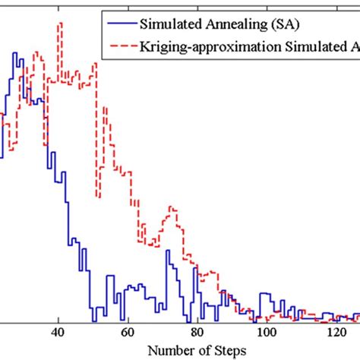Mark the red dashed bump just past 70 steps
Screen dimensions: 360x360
tap(172, 207)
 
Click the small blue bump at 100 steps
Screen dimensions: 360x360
tap(265, 293)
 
